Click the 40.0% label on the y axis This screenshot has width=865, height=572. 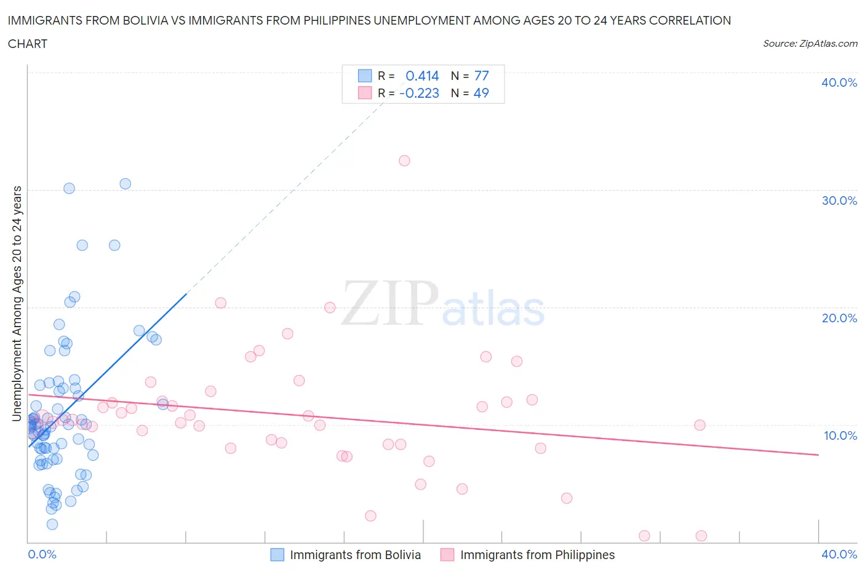839,82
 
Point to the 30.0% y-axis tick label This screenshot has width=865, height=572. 839,201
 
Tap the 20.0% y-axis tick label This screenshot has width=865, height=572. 839,318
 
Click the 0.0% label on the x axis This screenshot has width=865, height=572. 42,554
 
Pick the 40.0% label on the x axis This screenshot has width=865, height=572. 839,554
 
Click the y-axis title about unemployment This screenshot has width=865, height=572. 17,303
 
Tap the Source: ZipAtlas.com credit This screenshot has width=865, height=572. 810,44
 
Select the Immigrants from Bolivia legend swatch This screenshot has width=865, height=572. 277,555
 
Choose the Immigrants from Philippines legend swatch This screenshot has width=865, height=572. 447,555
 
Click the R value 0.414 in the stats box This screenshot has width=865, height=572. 422,76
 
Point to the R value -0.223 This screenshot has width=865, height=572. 419,93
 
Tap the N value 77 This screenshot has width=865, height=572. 481,76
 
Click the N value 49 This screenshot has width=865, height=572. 481,93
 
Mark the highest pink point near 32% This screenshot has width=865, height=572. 404,161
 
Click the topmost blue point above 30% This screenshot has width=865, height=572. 125,183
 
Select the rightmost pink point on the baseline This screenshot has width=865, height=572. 701,536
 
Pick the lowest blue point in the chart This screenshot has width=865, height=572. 52,524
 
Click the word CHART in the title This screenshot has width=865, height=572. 28,44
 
